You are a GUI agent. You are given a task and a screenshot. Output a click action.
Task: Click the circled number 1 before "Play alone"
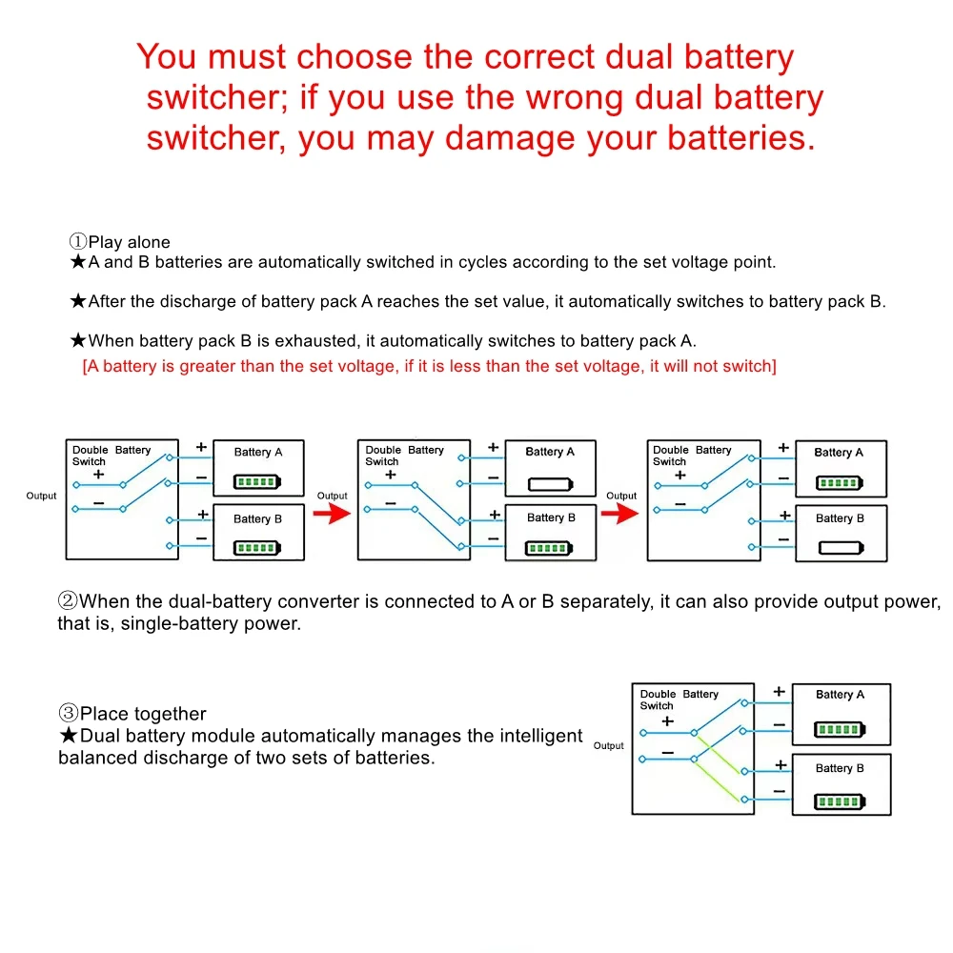coord(78,242)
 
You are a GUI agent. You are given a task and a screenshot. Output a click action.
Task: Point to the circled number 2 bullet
coord(68,601)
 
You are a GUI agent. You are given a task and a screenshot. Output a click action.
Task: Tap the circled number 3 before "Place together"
coord(69,714)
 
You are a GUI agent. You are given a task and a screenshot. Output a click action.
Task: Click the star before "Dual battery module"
coord(69,736)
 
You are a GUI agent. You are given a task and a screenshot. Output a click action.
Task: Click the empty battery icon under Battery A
coord(550,483)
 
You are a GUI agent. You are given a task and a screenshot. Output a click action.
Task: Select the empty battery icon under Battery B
coord(840,549)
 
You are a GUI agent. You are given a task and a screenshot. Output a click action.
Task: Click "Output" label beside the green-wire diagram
coord(608,745)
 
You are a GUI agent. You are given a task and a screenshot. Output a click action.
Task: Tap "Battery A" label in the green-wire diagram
coord(840,695)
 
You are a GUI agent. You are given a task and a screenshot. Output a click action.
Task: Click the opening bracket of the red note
coord(86,366)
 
